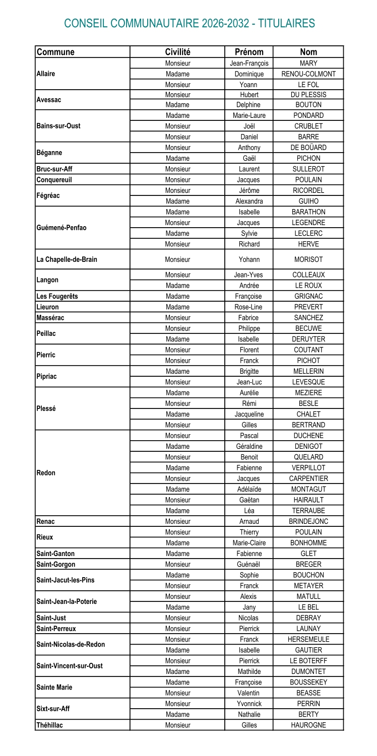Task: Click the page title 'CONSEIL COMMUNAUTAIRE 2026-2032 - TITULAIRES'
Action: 190,23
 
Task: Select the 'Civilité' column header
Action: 177,52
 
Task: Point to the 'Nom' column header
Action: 308,52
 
